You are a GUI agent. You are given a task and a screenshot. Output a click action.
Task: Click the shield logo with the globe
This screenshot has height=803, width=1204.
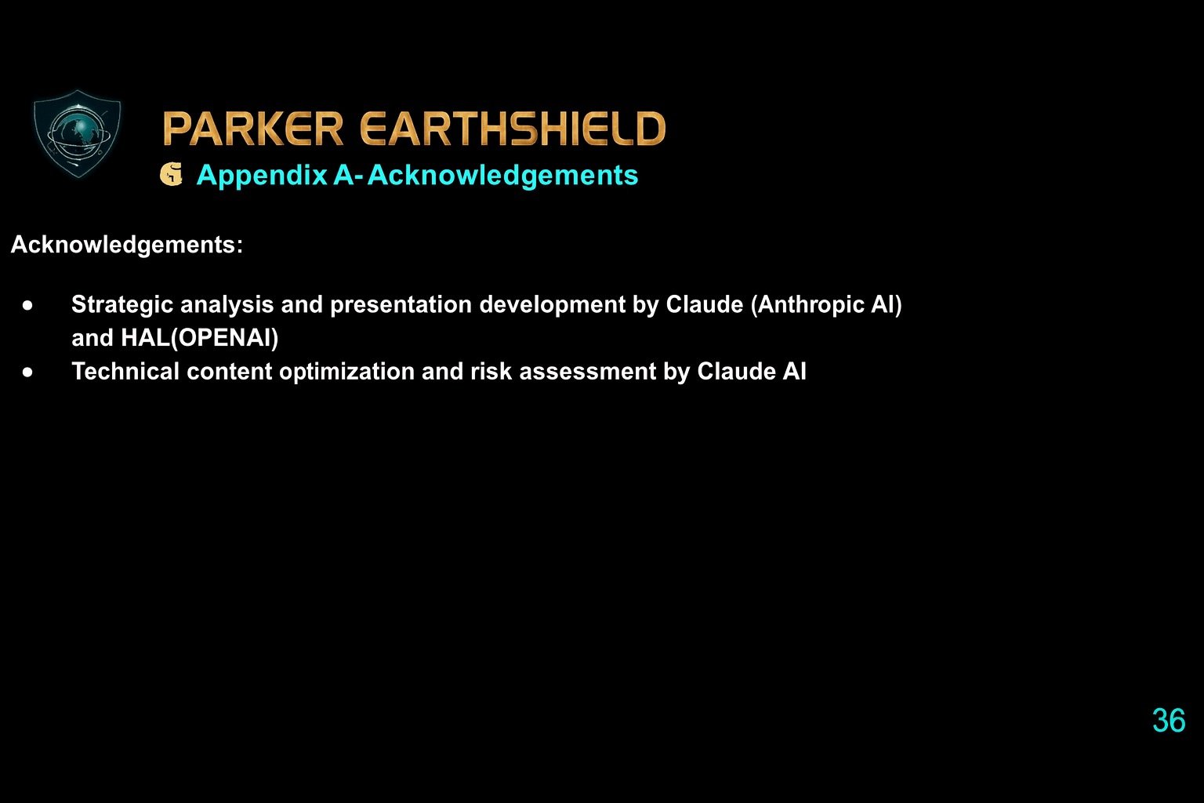pos(78,133)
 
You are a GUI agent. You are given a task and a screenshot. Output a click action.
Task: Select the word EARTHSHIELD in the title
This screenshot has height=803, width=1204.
pos(513,129)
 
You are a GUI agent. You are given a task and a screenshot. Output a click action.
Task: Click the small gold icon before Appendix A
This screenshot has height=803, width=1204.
pos(171,175)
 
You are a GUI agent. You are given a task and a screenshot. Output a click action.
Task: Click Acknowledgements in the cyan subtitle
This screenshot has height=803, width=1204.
pos(502,175)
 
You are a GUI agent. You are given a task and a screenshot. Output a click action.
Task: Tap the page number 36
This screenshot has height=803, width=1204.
pos(1168,721)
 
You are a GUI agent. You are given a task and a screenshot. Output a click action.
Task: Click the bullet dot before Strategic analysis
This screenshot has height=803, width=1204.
pos(28,305)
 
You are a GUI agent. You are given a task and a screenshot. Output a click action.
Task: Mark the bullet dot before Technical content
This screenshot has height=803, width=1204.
pos(28,372)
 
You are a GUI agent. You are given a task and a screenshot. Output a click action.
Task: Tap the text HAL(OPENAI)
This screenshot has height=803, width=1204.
pos(199,338)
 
